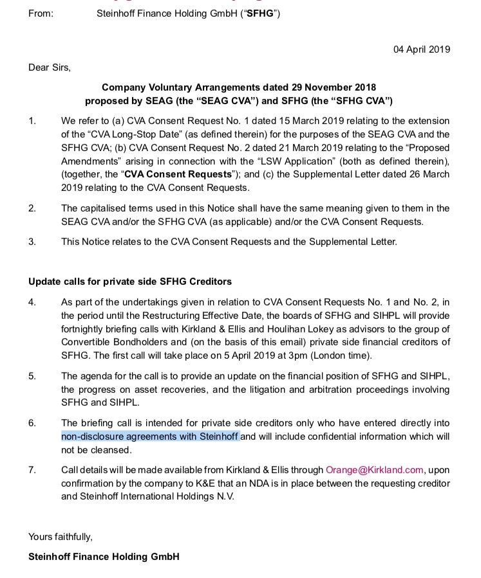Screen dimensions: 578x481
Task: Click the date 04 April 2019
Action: click(422, 50)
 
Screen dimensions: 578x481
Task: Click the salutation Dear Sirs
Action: click(50, 67)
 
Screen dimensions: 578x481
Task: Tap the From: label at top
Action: click(41, 14)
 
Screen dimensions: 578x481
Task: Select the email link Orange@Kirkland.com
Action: click(375, 470)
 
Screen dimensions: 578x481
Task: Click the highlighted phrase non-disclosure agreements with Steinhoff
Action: click(151, 437)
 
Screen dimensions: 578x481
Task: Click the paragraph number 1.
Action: click(32, 121)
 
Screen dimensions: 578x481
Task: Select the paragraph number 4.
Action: click(32, 302)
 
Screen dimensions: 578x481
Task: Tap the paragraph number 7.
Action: click(32, 470)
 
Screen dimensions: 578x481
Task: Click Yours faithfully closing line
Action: click(60, 536)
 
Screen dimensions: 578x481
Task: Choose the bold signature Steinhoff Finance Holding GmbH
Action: click(104, 556)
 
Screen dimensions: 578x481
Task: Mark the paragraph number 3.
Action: click(32, 242)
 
